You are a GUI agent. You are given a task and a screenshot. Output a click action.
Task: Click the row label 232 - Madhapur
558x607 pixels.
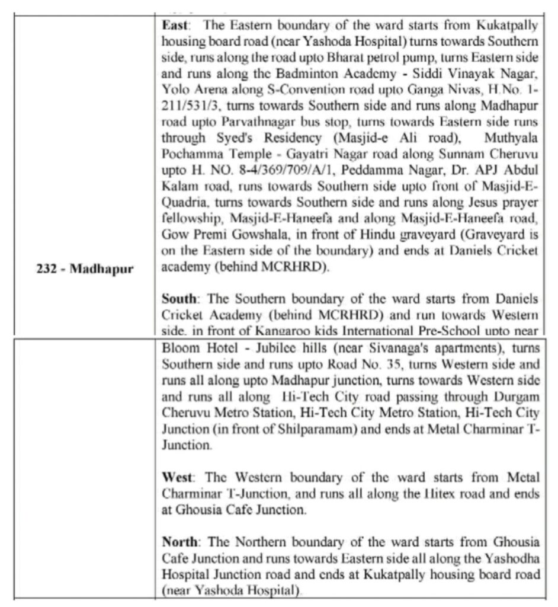83,269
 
